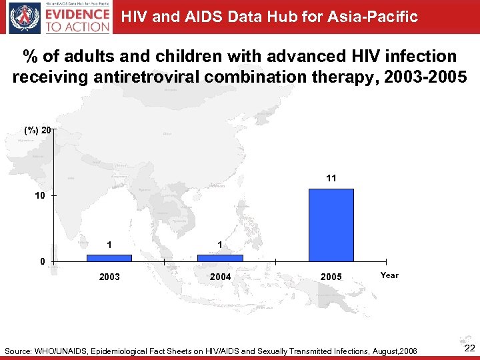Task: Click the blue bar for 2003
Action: click(x=109, y=257)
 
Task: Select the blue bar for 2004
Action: click(x=220, y=257)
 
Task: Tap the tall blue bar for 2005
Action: click(x=331, y=225)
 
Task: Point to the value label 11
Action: click(x=331, y=178)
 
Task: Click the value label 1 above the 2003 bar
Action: click(x=109, y=245)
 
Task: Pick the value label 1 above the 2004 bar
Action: click(x=220, y=245)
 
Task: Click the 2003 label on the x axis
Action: click(x=109, y=277)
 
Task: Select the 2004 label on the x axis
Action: click(x=220, y=277)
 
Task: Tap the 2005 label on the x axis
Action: click(x=331, y=277)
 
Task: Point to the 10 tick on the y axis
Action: click(x=40, y=196)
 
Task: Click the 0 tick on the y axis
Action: click(x=42, y=261)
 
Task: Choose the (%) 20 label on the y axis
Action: click(x=37, y=130)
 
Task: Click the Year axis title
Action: click(x=389, y=275)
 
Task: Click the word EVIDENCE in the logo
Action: click(x=77, y=13)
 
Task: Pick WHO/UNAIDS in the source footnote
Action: click(x=67, y=351)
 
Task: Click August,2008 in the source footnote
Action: click(x=393, y=351)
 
